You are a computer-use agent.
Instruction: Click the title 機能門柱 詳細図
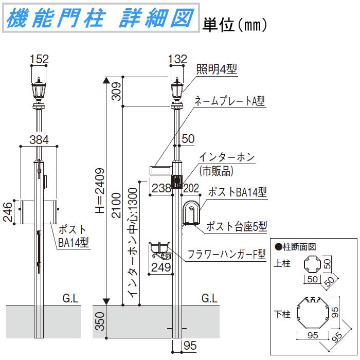101,17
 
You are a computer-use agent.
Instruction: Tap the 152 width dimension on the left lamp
39,59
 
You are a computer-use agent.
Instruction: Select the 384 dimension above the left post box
39,139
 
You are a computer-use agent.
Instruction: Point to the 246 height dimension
8,212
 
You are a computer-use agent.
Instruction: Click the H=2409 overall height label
100,191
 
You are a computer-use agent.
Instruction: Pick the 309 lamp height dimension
116,92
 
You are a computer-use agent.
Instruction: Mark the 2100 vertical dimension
116,205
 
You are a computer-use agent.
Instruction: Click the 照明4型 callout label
217,69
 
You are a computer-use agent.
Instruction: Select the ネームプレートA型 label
229,101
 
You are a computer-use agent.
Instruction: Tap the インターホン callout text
227,157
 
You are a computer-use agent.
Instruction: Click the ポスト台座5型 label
237,226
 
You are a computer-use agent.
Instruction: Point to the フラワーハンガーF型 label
227,254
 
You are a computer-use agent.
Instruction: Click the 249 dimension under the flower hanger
161,267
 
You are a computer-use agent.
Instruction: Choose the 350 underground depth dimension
100,321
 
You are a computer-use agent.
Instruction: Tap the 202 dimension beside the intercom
191,188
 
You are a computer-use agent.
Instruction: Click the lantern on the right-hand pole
177,92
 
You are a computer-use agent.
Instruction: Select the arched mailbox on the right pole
191,212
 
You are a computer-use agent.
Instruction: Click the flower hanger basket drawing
160,251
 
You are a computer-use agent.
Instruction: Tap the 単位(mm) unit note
235,25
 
